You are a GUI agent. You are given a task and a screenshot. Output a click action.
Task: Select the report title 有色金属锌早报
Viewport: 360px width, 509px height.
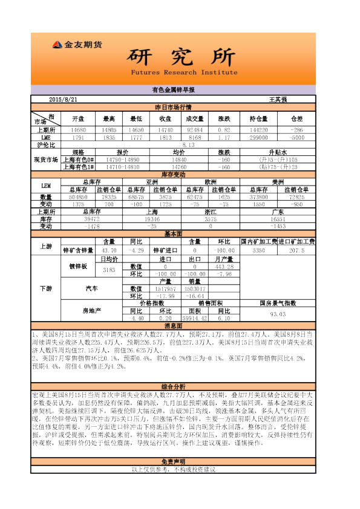tap(173, 89)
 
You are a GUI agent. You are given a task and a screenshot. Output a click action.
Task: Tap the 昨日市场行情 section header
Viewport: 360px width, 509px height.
tap(173, 106)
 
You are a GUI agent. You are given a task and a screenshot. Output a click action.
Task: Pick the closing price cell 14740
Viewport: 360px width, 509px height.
tap(166, 130)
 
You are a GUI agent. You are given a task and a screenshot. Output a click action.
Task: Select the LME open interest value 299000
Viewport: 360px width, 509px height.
tap(259, 137)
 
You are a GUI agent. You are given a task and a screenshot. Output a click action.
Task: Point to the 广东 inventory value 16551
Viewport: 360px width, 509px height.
tap(278, 219)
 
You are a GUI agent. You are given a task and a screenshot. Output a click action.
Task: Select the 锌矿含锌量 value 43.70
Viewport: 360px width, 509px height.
tap(109, 250)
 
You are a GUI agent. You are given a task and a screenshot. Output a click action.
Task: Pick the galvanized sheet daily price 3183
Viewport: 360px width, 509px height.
tap(109, 270)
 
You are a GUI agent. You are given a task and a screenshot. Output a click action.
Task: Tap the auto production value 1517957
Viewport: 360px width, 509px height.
tap(165, 289)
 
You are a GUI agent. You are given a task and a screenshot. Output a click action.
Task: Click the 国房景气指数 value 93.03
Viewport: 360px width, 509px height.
tap(278, 314)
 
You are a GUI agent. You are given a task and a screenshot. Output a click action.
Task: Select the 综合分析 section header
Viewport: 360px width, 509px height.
tap(173, 386)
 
